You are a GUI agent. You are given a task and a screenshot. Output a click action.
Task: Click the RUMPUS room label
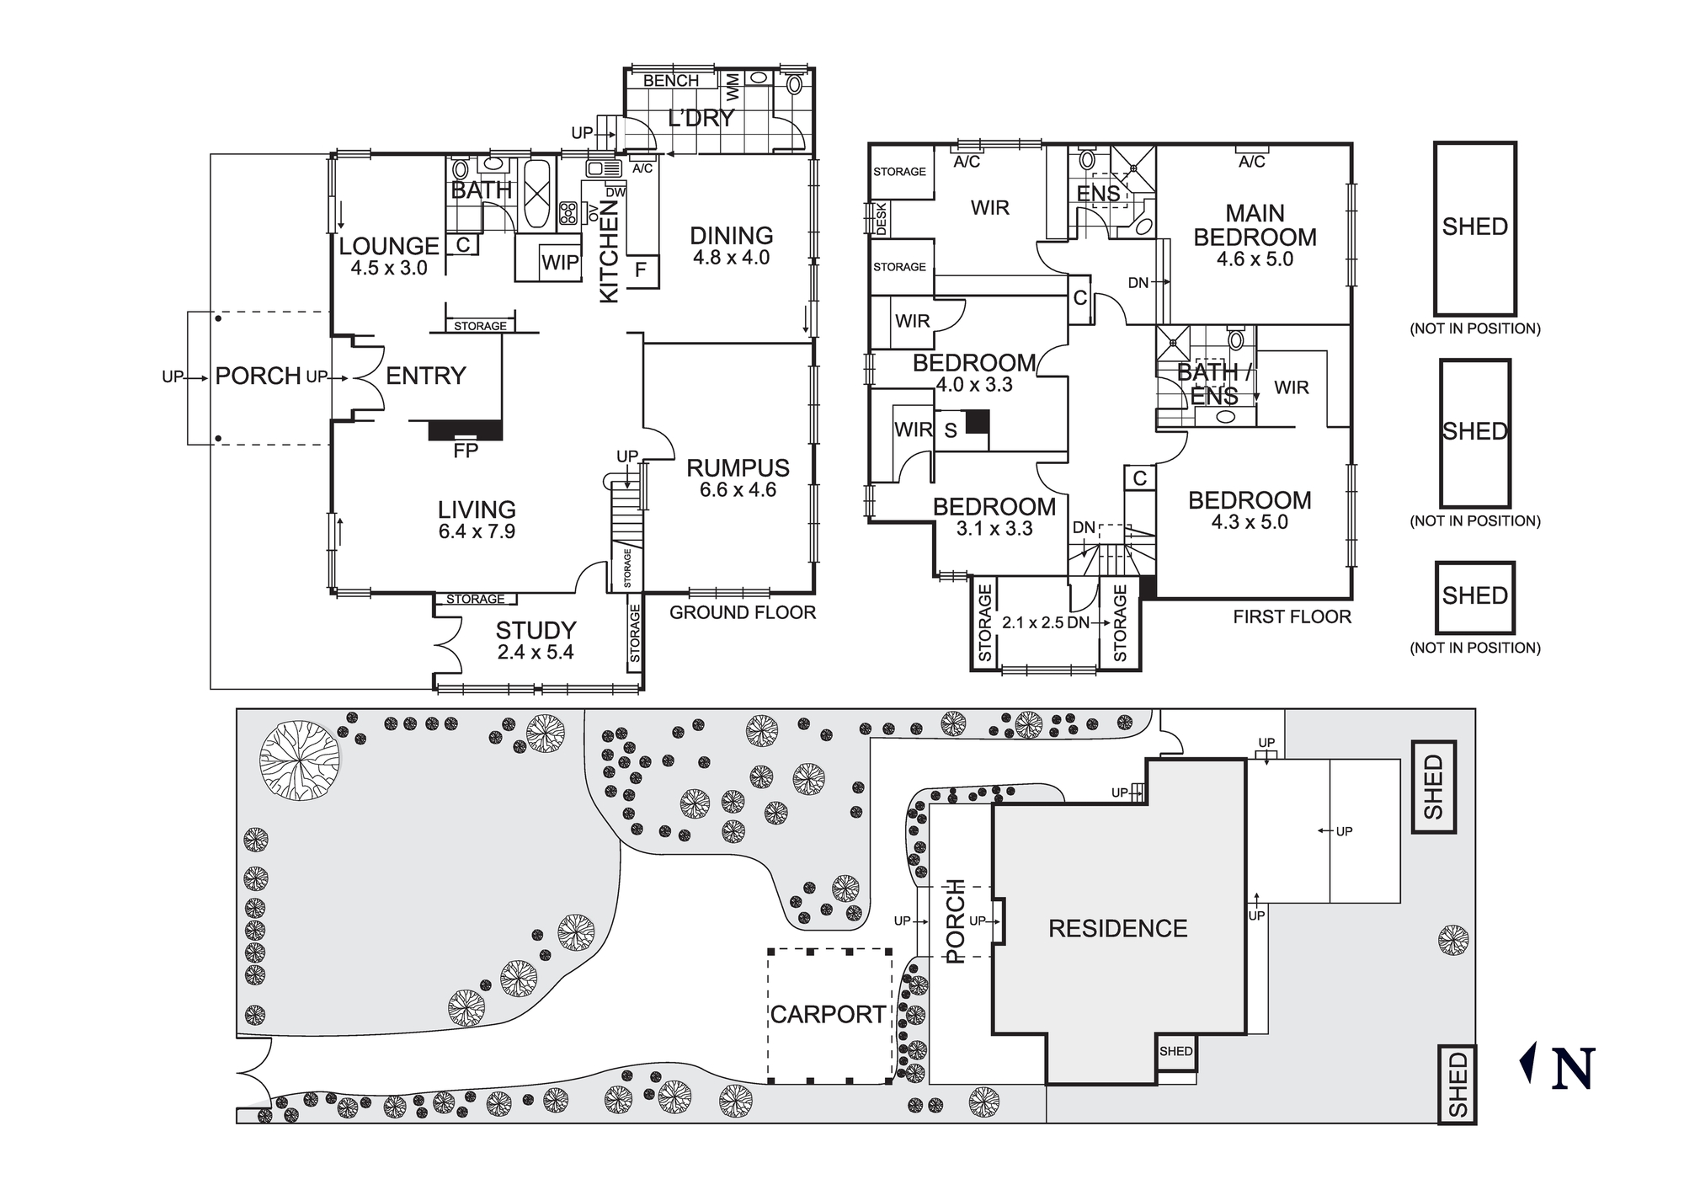[x=738, y=468]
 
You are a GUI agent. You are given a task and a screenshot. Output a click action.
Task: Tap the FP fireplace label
[x=466, y=451]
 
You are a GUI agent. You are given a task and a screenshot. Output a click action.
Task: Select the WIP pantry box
[x=560, y=262]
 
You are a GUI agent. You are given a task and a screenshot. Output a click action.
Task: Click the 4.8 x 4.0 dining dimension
[x=731, y=259]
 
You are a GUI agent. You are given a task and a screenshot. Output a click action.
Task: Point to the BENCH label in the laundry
[x=671, y=81]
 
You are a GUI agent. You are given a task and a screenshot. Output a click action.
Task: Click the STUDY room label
[x=536, y=630]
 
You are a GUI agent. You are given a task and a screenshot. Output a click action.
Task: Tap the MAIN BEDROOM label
[x=1255, y=225]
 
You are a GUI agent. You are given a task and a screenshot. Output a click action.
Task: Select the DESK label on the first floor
[x=882, y=219]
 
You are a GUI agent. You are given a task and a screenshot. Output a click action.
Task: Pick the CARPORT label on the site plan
[x=828, y=1015]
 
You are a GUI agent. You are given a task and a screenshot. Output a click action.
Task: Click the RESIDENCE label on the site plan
[x=1117, y=928]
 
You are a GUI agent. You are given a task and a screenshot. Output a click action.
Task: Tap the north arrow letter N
[x=1572, y=1070]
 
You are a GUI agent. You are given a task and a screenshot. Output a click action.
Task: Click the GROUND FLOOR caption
[x=743, y=613]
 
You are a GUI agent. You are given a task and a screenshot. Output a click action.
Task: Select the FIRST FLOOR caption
[x=1292, y=617]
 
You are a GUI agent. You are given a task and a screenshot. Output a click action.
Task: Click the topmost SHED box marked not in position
[x=1474, y=228]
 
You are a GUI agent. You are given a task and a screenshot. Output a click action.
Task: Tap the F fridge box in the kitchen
[x=641, y=270]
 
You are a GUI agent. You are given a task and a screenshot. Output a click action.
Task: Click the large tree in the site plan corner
[x=299, y=760]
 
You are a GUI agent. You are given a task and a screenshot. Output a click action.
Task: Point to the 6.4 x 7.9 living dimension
[x=477, y=531]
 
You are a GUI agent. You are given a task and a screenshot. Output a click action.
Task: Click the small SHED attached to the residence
[x=1175, y=1052]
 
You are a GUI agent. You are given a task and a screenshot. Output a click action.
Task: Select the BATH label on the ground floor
[x=481, y=190]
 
